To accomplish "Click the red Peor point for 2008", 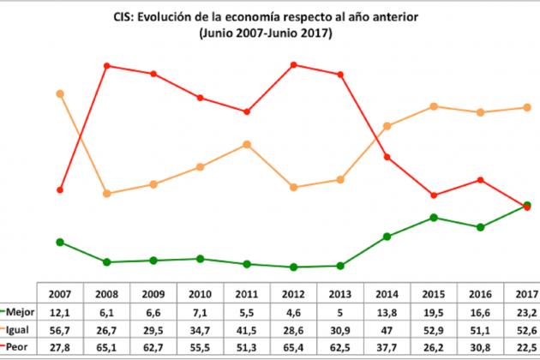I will pos(106,65).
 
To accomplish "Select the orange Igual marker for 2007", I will pos(59,93).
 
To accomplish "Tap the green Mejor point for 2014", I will pos(387,237).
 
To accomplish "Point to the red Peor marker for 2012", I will pos(294,64).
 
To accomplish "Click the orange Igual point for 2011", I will pos(247,144).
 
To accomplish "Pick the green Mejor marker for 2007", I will pos(59,242).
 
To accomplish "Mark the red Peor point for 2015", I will pos(435,195).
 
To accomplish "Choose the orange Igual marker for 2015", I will pos(435,106).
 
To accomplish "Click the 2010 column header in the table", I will pos(201,293).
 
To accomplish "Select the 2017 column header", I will pos(526,293).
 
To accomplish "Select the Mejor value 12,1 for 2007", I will pos(59,312).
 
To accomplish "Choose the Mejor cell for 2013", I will pos(340,312).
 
